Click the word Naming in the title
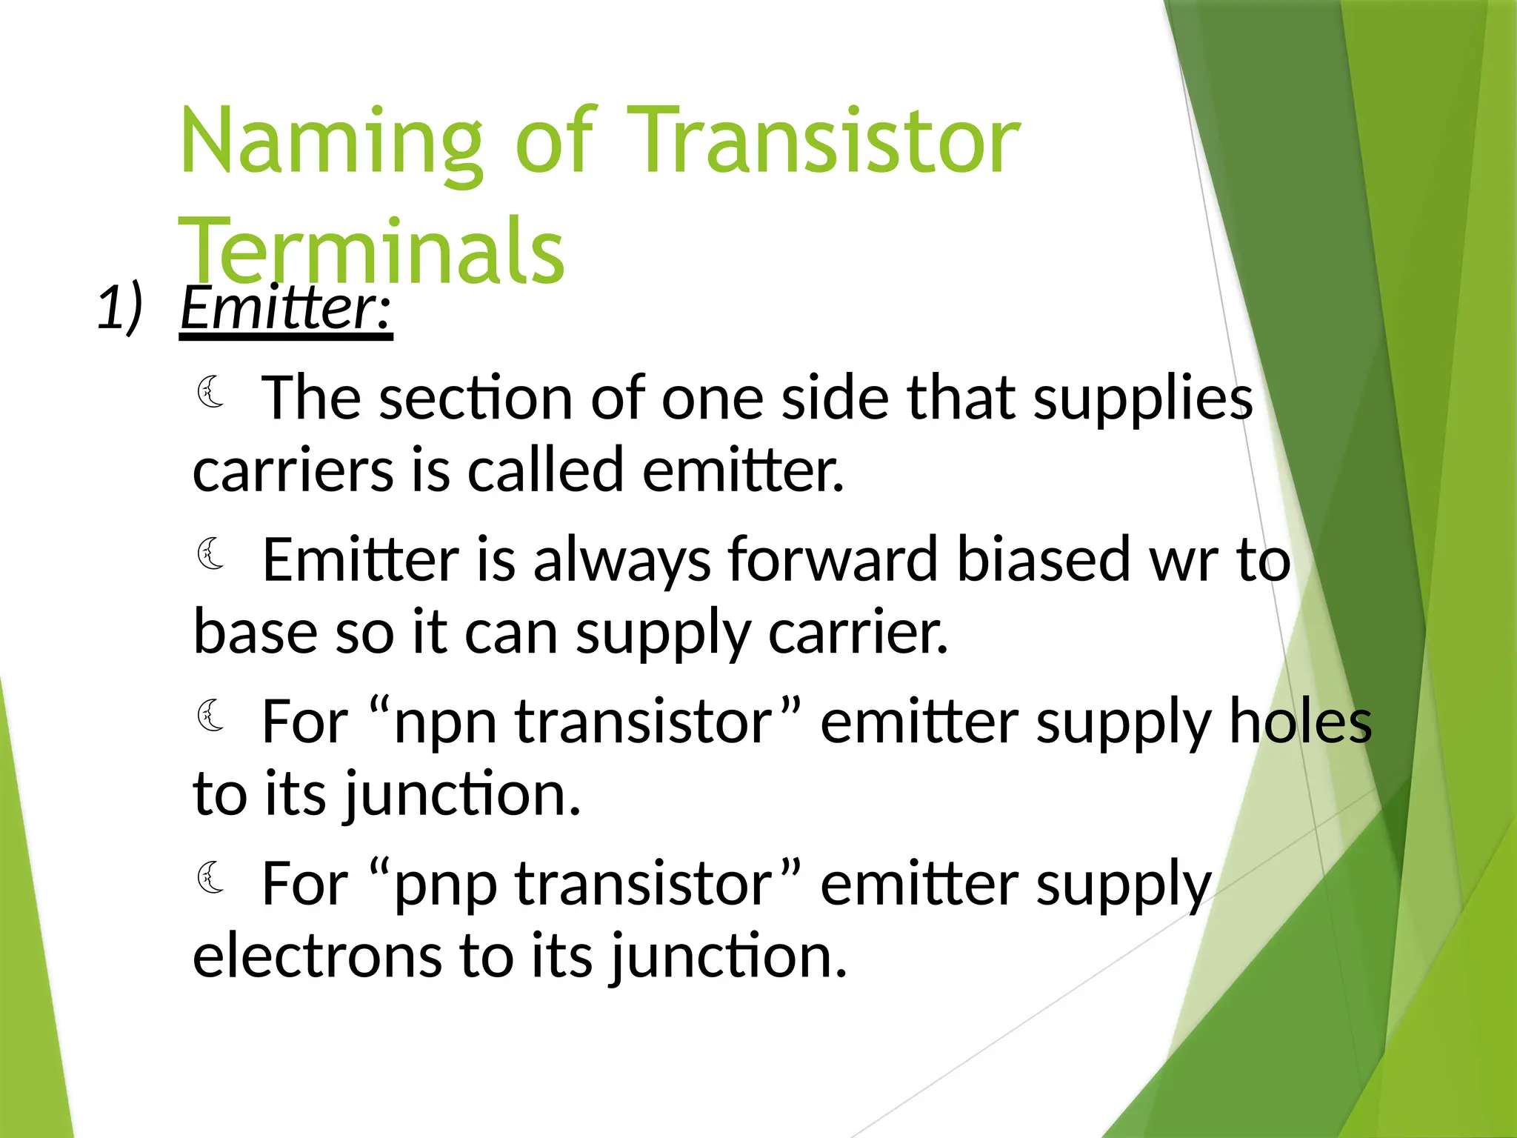click(x=331, y=142)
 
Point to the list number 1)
click(x=119, y=307)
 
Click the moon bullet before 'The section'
click(x=211, y=393)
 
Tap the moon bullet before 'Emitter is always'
click(x=211, y=554)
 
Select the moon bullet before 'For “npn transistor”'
click(x=211, y=716)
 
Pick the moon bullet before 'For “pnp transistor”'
click(x=211, y=878)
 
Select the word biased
click(x=1043, y=559)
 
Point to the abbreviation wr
click(x=1183, y=561)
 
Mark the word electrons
click(x=317, y=956)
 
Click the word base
click(x=256, y=632)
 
